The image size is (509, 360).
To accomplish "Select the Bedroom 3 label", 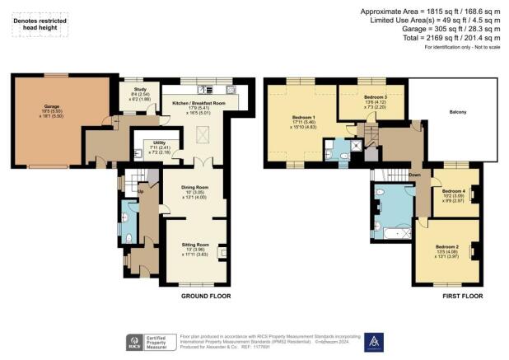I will coord(376,96).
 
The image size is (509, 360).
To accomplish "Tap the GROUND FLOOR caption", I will coord(206,296).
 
